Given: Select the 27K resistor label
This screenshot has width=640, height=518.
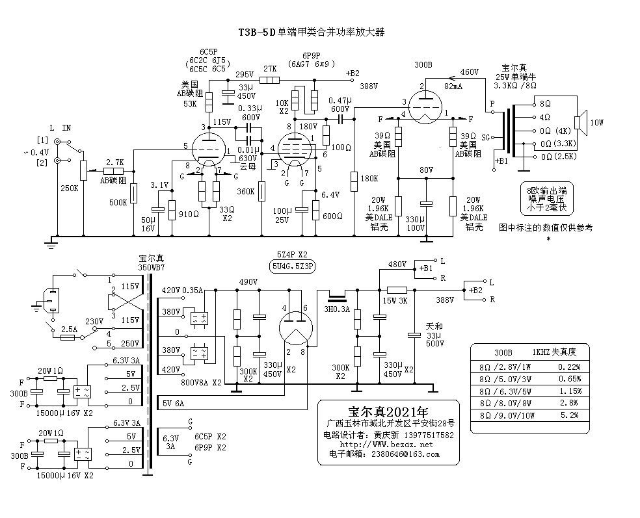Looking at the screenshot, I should [269, 69].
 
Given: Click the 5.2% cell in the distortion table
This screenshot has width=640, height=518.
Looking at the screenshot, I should [569, 415].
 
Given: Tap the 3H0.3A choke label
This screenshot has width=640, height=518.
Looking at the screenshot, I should [338, 309].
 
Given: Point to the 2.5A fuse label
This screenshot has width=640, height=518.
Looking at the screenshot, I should [68, 330].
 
